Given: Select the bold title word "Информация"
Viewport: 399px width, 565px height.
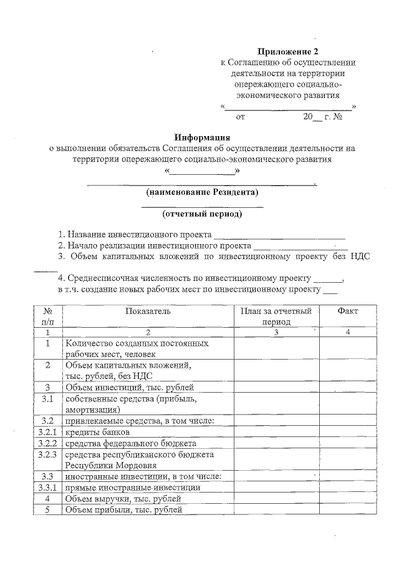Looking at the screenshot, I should point(202,137).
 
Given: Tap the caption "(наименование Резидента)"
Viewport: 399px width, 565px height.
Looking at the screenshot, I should point(202,192).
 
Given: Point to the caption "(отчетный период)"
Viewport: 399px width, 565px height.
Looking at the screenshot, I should point(202,214).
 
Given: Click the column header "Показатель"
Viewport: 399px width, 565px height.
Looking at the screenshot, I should point(147,311).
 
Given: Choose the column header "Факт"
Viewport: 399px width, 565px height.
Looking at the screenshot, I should point(347,311).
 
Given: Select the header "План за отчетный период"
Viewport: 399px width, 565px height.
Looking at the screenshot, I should point(276,316).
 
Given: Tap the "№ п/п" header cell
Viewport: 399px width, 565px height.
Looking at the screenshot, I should point(47,316).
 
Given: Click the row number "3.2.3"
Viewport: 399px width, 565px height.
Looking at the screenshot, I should point(47,454).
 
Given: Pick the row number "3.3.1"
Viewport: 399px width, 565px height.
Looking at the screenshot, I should point(47,488).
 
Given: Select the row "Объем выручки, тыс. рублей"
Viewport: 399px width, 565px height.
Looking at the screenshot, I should point(123,499).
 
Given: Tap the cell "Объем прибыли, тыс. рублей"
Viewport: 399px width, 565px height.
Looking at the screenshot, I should point(123,510).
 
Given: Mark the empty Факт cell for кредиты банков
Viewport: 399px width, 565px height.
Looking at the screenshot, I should point(347,432).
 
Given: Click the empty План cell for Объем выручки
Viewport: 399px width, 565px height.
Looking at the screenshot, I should point(276,499).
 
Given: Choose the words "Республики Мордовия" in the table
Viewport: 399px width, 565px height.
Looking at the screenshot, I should point(110,465).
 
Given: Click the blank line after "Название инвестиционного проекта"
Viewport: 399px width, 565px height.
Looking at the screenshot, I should point(279,235).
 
